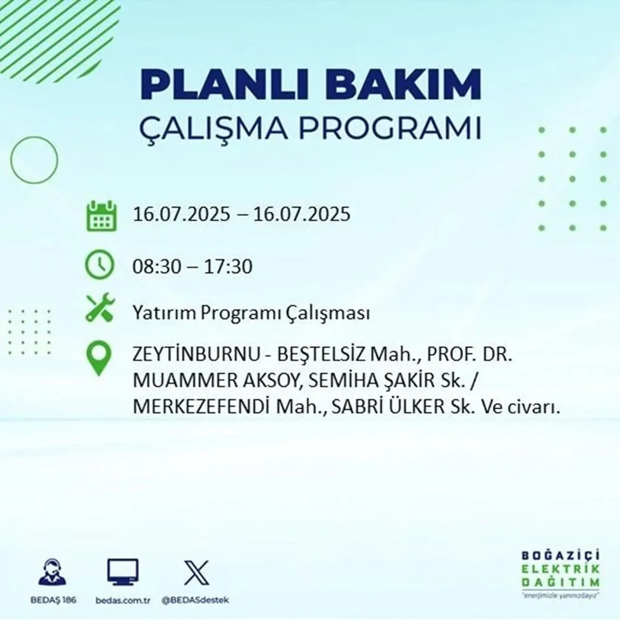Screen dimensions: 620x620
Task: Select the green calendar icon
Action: (x=101, y=216)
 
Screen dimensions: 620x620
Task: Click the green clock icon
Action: (x=99, y=265)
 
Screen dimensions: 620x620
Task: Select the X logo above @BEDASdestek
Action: (x=196, y=573)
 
